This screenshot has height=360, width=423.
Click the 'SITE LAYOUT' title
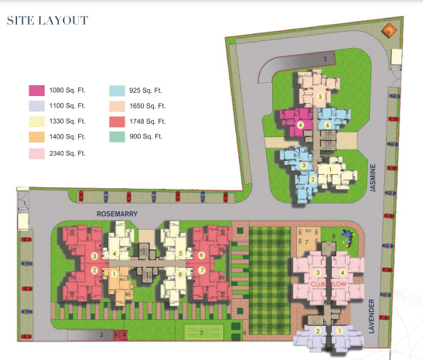coord(47,20)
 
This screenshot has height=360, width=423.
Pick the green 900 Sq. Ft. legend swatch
coord(118,137)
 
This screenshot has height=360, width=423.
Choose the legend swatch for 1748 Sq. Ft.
coord(118,122)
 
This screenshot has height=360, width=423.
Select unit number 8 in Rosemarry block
coord(180,274)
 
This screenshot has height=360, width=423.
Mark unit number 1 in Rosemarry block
coord(114,273)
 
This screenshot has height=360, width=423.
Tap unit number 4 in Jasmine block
coord(299,125)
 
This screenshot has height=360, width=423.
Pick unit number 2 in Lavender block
coord(316,331)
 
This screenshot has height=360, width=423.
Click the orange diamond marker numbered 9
coord(390,30)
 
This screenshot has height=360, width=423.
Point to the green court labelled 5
coord(203,333)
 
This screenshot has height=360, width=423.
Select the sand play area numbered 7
coord(306,243)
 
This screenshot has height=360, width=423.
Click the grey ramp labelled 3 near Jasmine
coord(326,59)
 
